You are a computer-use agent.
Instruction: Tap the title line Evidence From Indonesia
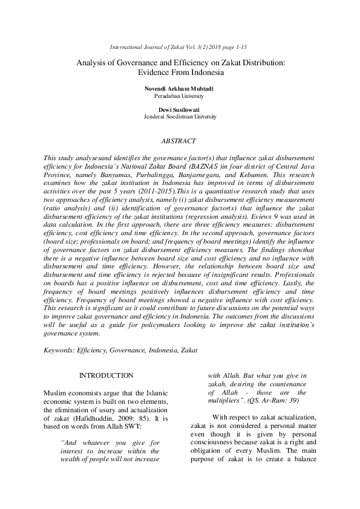(180, 72)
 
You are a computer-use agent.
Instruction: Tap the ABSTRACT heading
(178, 141)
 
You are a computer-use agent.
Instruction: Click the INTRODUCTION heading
(106, 375)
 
